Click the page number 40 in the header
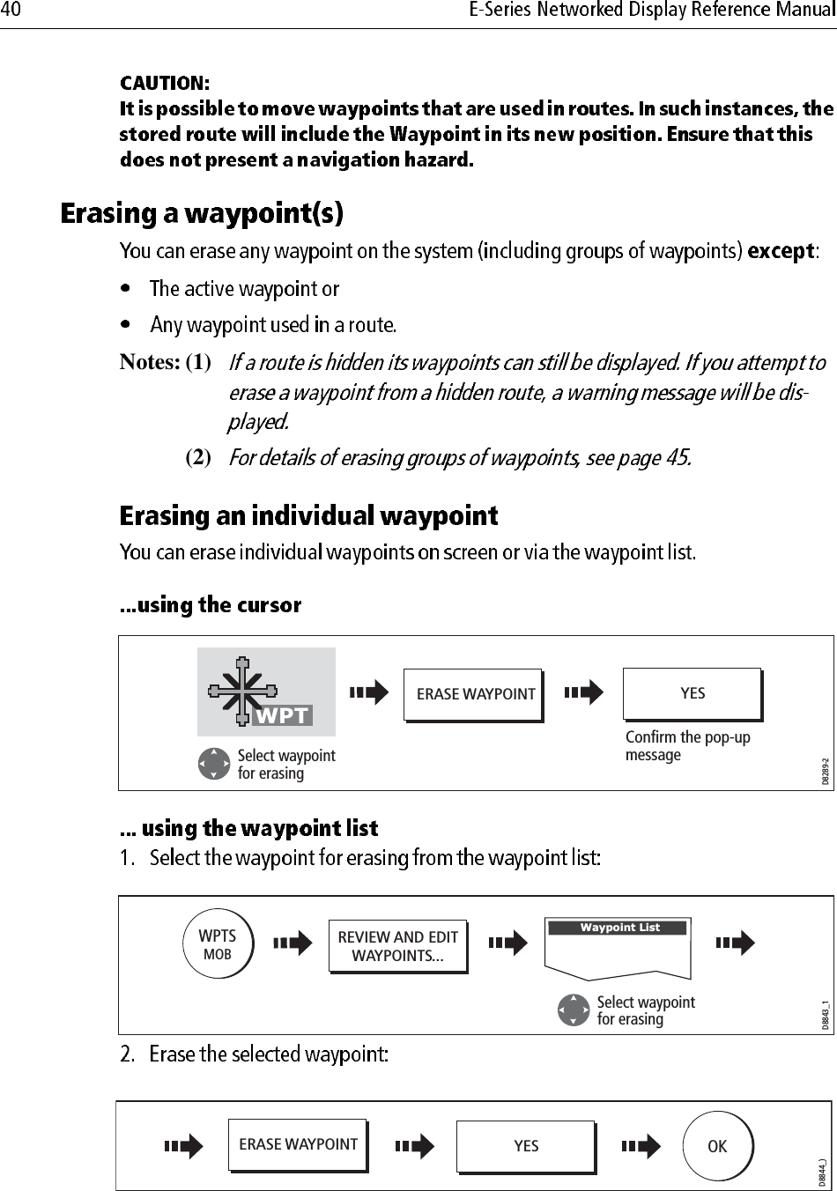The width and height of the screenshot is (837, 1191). [x=13, y=11]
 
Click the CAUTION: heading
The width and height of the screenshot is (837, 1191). [x=165, y=84]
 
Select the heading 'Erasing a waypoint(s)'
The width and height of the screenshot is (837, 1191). [x=202, y=214]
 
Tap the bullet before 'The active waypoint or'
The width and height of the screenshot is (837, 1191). [x=129, y=288]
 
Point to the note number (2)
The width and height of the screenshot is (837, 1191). [x=197, y=457]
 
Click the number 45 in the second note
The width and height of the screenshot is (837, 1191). [x=673, y=458]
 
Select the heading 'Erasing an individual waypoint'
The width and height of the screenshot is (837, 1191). [x=308, y=515]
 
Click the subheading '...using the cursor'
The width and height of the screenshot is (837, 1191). [x=211, y=605]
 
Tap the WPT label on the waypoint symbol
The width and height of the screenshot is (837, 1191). [x=282, y=716]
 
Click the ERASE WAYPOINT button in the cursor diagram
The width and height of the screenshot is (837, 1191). [x=474, y=694]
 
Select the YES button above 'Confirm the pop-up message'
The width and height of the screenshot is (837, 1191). [x=692, y=694]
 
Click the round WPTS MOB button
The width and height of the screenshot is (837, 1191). [x=217, y=943]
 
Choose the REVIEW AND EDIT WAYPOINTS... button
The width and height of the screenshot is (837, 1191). [x=397, y=946]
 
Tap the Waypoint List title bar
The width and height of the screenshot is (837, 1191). [x=619, y=928]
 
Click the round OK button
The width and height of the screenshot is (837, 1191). [x=717, y=1146]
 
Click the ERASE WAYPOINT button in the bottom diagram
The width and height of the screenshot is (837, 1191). [x=298, y=1144]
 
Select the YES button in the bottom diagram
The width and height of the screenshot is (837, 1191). [x=525, y=1146]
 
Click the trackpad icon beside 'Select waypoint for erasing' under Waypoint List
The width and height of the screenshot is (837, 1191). [x=574, y=1010]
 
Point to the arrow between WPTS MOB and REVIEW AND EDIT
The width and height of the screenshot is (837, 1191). [x=293, y=943]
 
